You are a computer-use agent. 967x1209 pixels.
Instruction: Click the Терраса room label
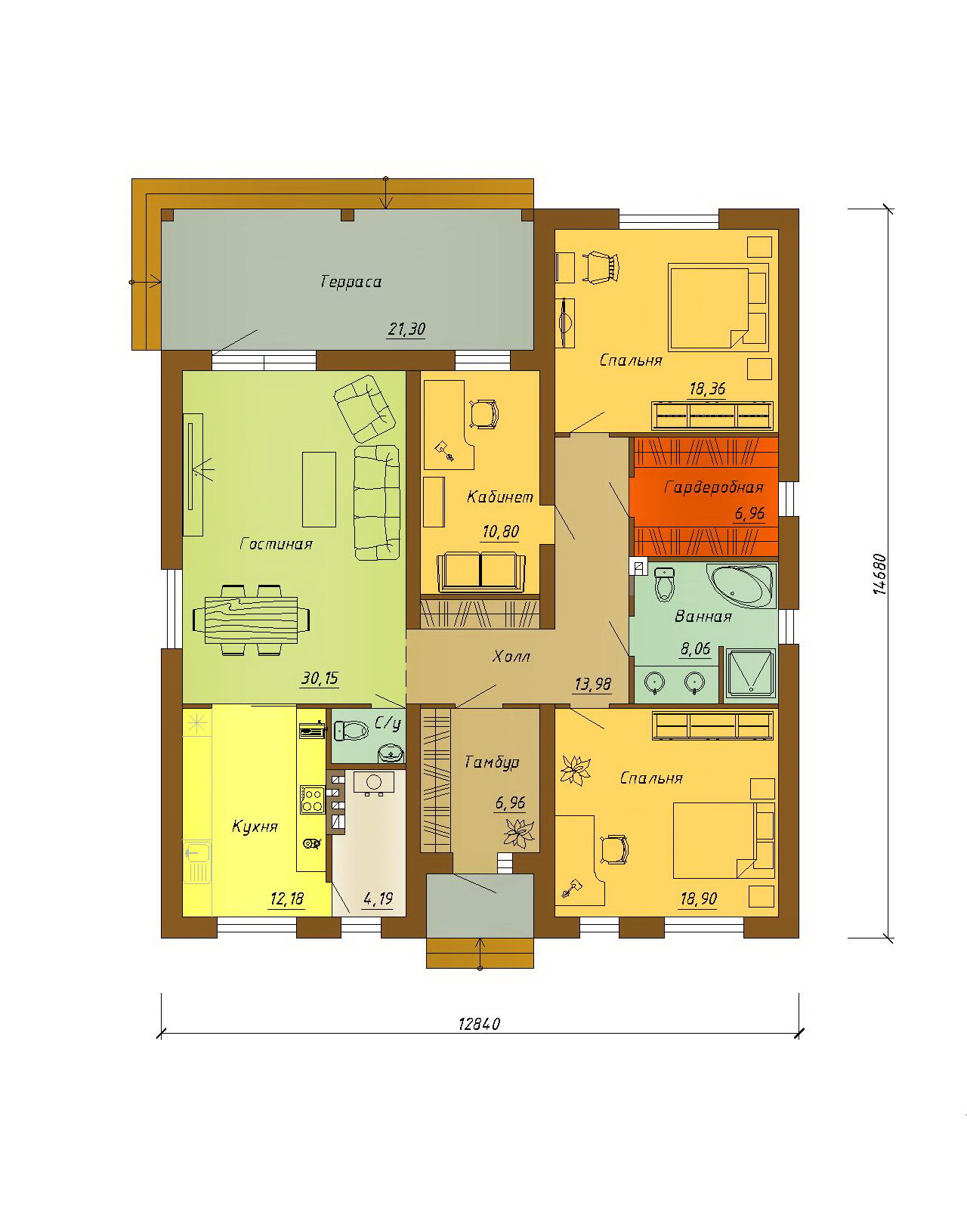coord(351,281)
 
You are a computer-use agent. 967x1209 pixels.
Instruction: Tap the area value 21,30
coord(406,329)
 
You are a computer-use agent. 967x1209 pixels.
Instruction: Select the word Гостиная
coord(276,544)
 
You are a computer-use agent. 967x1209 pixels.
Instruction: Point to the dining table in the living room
coord(251,619)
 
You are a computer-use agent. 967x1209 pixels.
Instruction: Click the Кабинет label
coord(500,496)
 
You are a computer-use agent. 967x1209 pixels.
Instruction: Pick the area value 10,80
coord(500,531)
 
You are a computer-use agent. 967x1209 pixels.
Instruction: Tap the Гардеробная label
coord(714,487)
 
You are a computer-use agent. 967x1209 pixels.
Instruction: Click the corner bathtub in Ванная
coord(743,586)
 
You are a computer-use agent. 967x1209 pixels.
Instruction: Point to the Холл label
coord(511,656)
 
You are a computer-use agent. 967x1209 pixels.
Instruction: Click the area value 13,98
coord(593,685)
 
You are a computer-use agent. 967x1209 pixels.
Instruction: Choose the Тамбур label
coord(493,762)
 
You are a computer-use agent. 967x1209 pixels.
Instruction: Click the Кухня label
coord(255,827)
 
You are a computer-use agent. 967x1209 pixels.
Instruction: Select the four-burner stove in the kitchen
coord(312,799)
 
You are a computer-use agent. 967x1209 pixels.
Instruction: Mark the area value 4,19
coord(378,899)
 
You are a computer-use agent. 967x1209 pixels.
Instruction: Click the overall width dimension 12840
coord(479,1024)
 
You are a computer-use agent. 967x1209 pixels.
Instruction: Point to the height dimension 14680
coord(879,574)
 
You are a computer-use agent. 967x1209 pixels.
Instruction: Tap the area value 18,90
coord(698,899)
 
